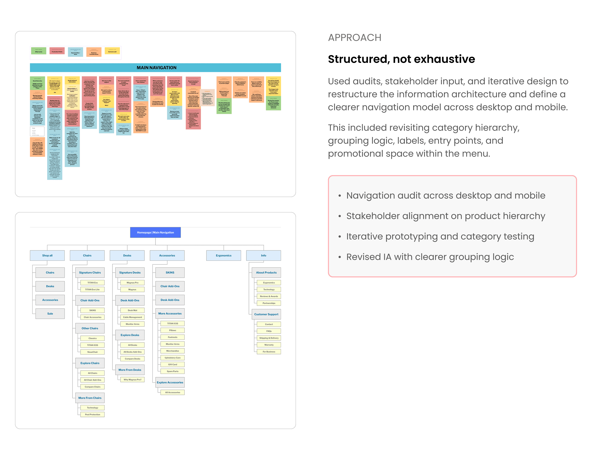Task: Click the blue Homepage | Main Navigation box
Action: point(155,232)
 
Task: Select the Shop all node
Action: point(47,255)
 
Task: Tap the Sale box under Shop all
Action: point(50,314)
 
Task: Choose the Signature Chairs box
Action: point(90,273)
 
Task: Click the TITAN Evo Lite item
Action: point(92,290)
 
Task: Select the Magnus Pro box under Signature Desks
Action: point(132,283)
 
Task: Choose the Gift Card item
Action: point(173,365)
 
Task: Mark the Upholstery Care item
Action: point(173,358)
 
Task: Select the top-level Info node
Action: point(264,255)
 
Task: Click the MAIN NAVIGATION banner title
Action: point(156,68)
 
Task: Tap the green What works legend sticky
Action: point(39,51)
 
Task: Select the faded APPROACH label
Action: point(355,38)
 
